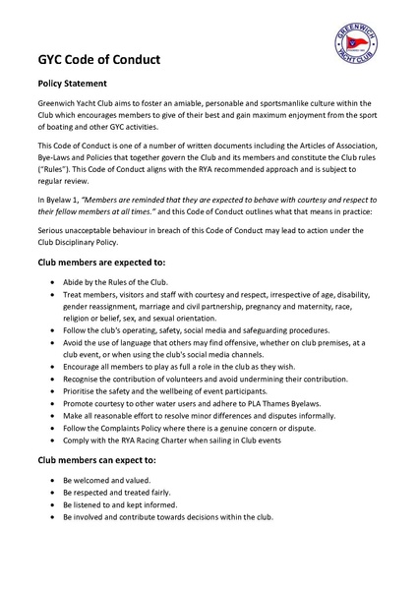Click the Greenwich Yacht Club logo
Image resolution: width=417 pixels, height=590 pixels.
point(356,44)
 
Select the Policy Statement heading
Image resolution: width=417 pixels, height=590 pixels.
point(79,85)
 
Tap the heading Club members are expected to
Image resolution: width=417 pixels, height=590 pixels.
point(101,265)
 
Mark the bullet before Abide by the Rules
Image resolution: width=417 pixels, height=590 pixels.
point(52,282)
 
